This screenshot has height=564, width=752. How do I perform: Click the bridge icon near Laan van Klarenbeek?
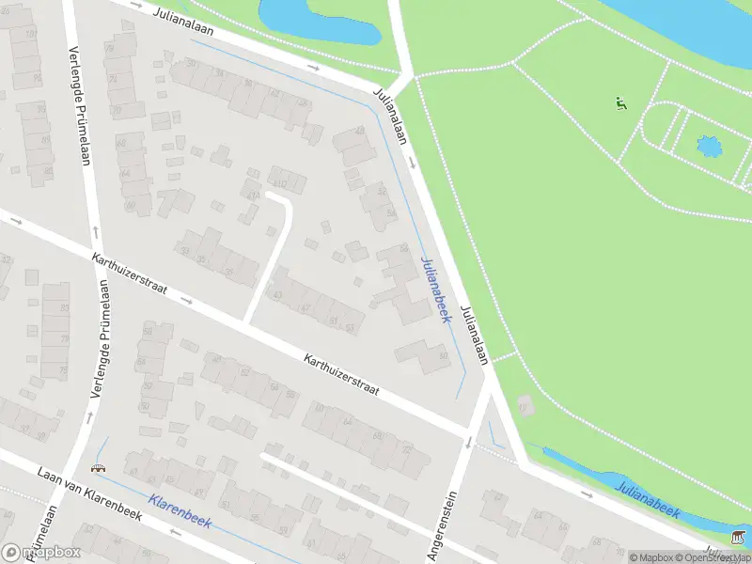tap(98, 467)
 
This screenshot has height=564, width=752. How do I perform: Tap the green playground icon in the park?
tap(619, 103)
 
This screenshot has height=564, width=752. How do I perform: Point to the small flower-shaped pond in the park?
tap(708, 148)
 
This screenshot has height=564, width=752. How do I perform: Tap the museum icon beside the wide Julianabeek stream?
tap(738, 536)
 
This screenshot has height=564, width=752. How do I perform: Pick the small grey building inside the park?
tap(525, 406)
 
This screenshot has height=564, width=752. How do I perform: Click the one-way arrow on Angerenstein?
tap(467, 441)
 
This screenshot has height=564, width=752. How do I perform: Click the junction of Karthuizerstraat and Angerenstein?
tap(472, 434)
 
